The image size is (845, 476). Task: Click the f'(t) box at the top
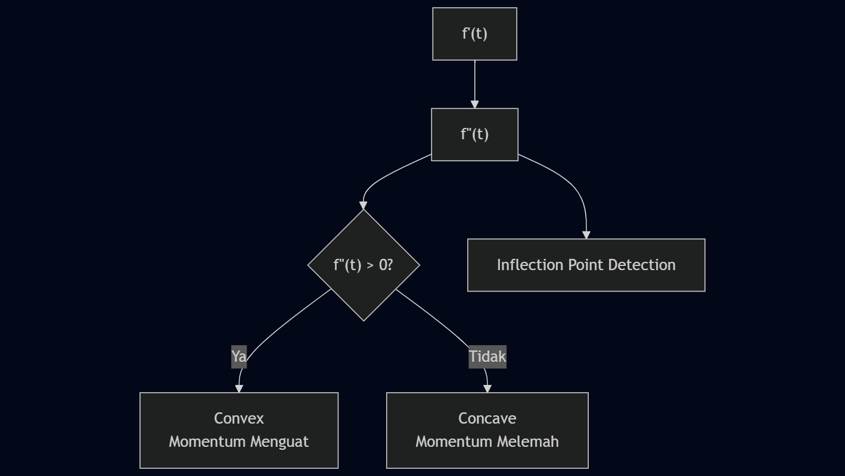(474, 34)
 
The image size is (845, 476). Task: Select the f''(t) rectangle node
(474, 134)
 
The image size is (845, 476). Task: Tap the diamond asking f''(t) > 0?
(364, 265)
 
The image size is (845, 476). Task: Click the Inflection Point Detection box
(586, 265)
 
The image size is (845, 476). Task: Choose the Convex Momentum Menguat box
(239, 430)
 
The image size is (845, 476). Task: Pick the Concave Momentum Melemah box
(487, 430)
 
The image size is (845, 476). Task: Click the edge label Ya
(239, 356)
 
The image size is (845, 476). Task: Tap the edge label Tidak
(487, 356)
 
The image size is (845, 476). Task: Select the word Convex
(239, 418)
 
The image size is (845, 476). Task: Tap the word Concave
(487, 418)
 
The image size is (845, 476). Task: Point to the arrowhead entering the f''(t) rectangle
(474, 105)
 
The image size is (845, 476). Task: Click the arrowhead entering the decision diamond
(364, 206)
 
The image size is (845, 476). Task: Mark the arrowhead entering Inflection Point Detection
(586, 235)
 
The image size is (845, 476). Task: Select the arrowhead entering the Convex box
(239, 389)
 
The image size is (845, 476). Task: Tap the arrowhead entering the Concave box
(487, 389)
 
